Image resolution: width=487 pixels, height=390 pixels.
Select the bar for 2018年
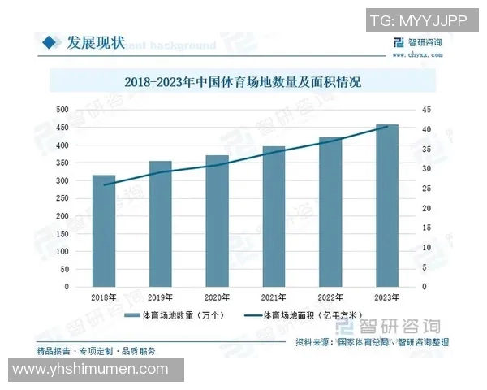[104, 231]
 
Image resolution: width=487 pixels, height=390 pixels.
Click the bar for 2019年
[161, 223]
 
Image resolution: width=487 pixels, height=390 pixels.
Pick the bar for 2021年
[274, 216]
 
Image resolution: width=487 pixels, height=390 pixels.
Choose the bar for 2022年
[330, 212]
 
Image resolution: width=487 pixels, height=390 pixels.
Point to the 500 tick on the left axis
[62, 110]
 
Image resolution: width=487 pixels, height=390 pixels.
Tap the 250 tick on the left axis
[62, 198]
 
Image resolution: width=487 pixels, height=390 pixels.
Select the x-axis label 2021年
[274, 298]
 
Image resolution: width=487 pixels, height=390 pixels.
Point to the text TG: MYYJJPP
[417, 22]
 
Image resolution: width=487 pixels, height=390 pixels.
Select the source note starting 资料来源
[370, 343]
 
